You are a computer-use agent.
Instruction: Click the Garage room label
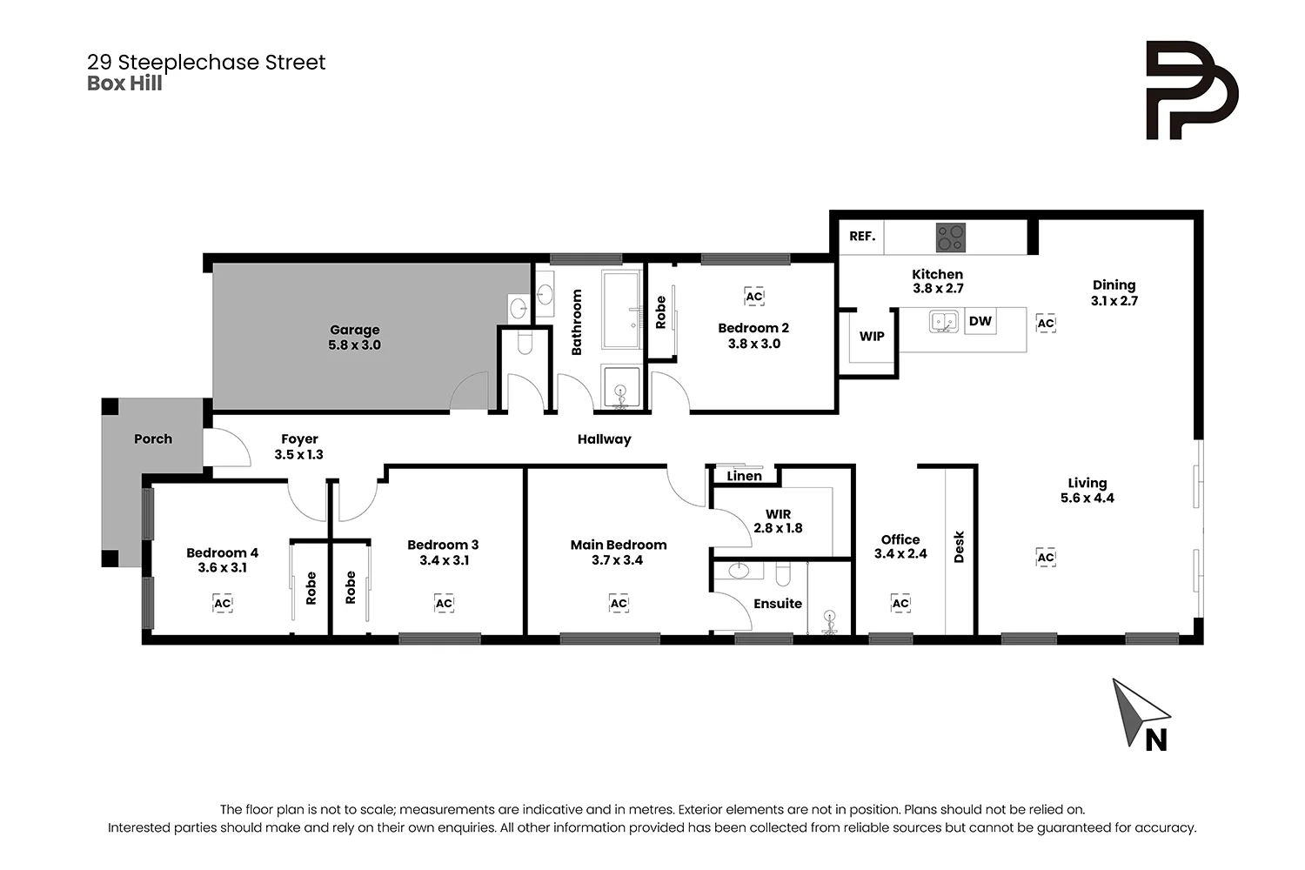354,330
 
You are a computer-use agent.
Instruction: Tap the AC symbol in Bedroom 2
754,297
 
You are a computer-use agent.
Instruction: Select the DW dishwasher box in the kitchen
980,321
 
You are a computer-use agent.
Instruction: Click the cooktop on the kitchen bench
950,237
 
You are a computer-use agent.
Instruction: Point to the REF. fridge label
862,236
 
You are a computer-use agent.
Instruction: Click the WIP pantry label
872,337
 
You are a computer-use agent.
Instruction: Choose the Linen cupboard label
744,476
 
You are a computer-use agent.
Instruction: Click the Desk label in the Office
960,547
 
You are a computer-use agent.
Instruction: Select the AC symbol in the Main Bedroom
619,603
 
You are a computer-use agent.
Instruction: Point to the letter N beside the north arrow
1156,739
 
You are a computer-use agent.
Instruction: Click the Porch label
153,439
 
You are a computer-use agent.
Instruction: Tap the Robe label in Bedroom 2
660,312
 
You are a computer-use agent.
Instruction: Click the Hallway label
604,439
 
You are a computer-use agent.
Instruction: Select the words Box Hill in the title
124,84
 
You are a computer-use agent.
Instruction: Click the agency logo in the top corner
1191,90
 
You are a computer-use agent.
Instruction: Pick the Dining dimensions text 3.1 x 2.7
1114,301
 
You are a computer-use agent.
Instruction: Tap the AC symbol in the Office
900,603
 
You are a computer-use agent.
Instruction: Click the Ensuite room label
778,604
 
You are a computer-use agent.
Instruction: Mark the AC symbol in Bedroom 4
223,603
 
